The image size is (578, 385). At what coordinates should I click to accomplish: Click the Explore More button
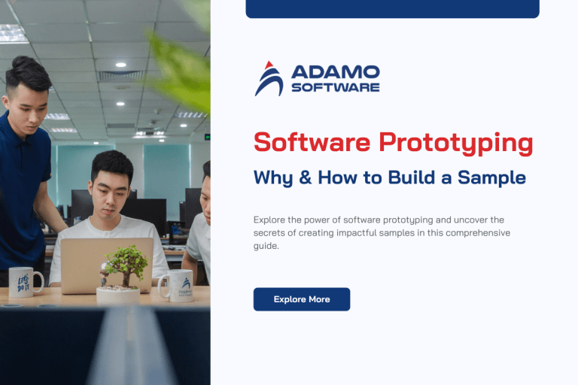coord(301,299)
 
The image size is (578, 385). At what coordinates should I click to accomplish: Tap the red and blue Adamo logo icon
coord(269,79)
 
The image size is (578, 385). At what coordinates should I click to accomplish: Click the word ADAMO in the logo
coord(335,73)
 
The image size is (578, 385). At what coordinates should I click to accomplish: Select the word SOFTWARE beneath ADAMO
coord(335,87)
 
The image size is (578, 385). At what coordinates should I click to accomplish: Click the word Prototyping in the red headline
coord(455,142)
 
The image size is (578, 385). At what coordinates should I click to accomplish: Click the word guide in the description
coord(266,246)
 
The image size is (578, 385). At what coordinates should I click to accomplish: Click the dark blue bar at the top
coord(392,8)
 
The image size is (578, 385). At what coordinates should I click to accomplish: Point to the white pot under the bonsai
coord(119,295)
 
